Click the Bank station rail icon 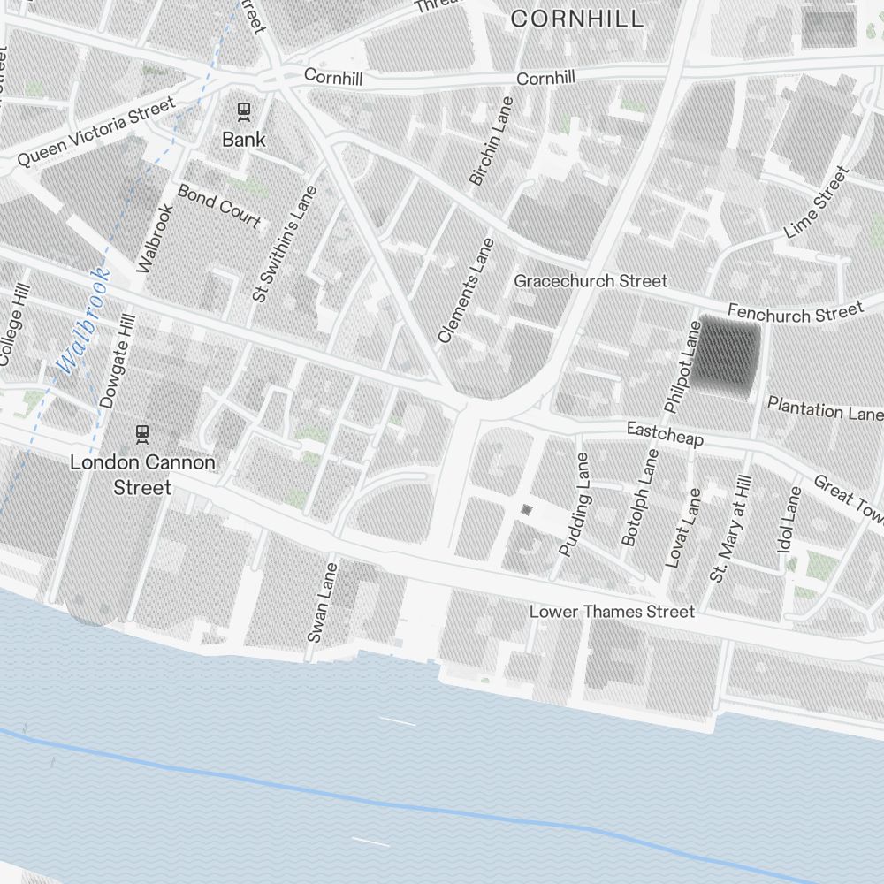[x=243, y=111]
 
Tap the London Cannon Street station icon [x=141, y=434]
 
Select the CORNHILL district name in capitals [x=577, y=19]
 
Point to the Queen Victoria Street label [x=96, y=133]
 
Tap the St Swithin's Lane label [x=284, y=243]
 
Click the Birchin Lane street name [x=491, y=141]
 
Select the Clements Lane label [x=461, y=290]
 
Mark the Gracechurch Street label [x=591, y=281]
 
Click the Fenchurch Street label [x=795, y=312]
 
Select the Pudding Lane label [x=574, y=505]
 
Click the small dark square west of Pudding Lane [x=527, y=509]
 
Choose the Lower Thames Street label [x=612, y=612]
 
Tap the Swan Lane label [x=322, y=602]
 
